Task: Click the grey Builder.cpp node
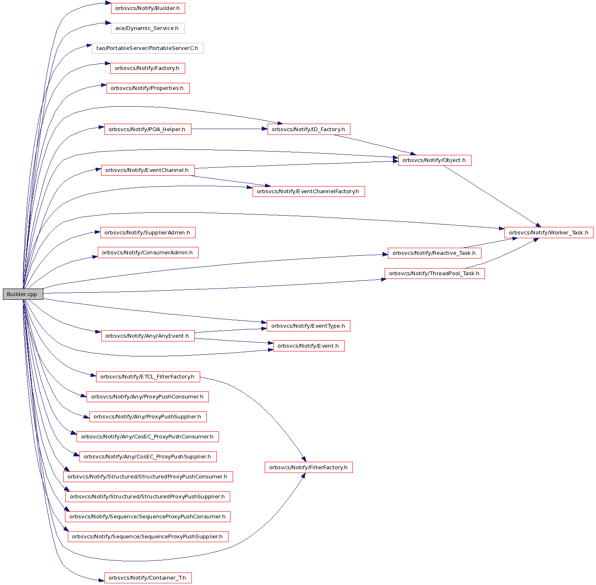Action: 23,294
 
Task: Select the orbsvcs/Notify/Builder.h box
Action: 148,8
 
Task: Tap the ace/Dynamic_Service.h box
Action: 148,28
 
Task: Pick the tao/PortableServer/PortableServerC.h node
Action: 147,48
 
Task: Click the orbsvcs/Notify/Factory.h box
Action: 147,68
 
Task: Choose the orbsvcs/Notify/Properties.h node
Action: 148,88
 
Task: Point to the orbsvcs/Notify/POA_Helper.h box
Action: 148,129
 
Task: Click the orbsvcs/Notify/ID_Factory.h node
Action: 309,129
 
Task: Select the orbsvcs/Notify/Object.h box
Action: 435,160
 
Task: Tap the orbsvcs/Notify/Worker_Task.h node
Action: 549,232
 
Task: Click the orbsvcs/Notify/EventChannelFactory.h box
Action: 308,192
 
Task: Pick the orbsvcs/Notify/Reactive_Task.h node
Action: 434,253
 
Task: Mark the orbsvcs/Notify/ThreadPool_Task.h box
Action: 434,274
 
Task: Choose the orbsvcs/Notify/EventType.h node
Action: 308,326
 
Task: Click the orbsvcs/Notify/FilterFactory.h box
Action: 308,468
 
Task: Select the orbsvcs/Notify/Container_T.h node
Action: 148,578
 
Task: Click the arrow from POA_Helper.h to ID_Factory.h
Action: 229,129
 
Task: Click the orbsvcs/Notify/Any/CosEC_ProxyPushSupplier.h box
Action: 148,457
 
